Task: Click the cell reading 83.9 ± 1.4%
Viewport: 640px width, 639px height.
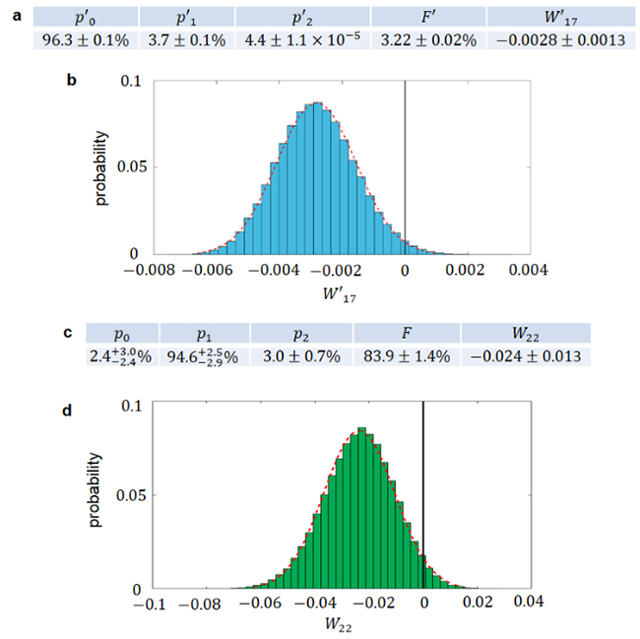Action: click(407, 356)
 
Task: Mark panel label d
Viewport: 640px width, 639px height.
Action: click(70, 405)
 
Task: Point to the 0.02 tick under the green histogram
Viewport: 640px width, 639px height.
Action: click(478, 603)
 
